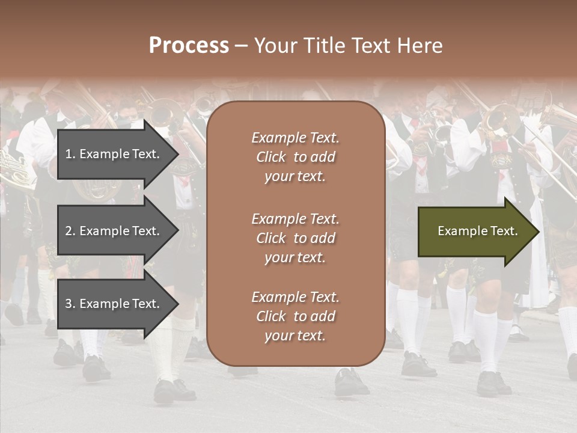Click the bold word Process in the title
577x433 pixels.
click(x=189, y=46)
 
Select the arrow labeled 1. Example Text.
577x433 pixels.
click(x=112, y=154)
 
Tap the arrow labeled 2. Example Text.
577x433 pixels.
click(x=112, y=231)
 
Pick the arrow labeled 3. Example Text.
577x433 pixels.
click(x=112, y=304)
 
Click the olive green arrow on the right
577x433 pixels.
click(x=475, y=231)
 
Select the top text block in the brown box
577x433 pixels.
click(x=295, y=157)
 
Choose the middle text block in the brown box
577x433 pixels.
click(x=295, y=238)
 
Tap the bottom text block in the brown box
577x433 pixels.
click(x=295, y=316)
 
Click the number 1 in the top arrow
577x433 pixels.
click(x=69, y=154)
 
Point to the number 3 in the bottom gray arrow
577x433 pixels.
click(x=69, y=304)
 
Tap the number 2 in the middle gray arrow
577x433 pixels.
click(x=69, y=231)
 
